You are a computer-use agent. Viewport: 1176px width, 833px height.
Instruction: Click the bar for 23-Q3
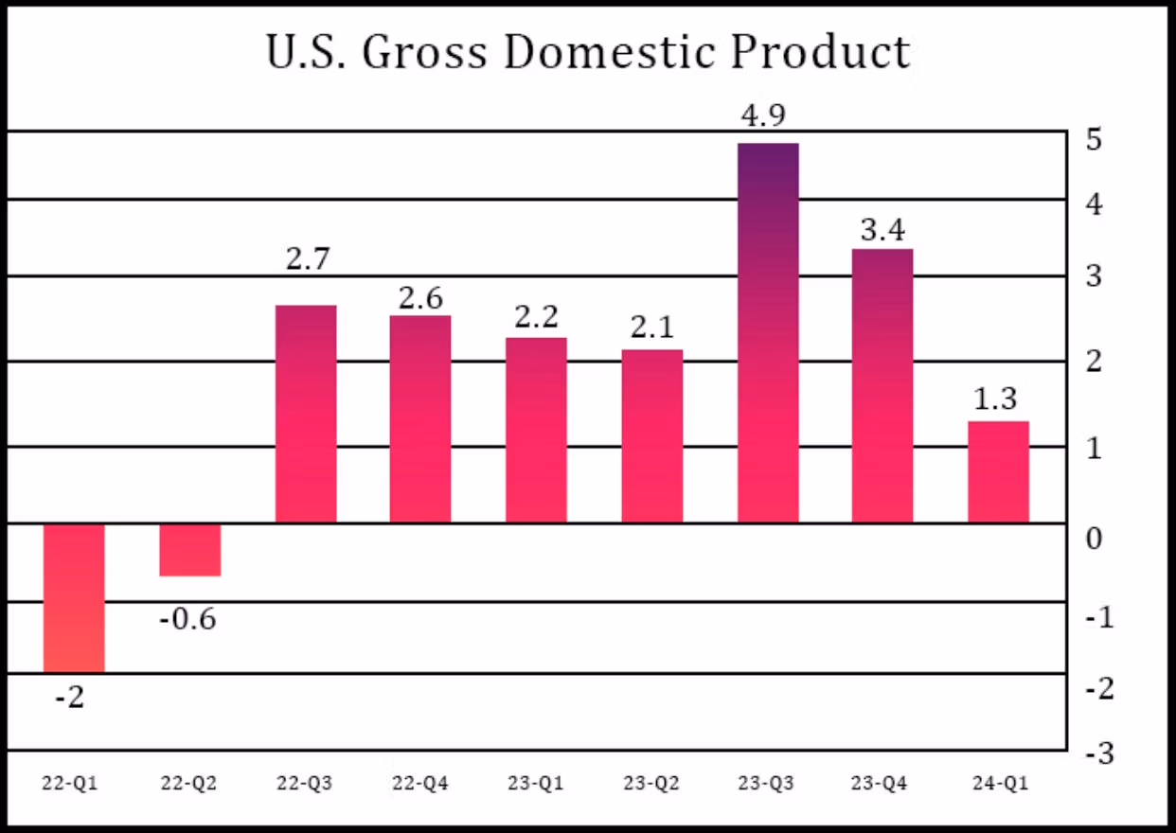click(768, 332)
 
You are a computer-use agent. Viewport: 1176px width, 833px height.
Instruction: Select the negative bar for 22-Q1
click(74, 597)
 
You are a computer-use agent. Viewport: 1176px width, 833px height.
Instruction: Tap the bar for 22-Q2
click(189, 549)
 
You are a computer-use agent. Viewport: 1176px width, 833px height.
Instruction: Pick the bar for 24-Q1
click(998, 471)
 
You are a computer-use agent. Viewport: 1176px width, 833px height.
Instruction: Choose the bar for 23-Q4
click(882, 385)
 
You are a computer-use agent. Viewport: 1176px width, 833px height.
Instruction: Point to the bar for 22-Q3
click(306, 414)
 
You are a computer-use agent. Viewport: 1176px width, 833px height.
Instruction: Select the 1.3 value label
click(996, 399)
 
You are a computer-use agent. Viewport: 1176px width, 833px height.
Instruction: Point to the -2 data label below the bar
click(70, 699)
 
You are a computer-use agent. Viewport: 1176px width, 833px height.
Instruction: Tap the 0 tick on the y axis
click(1095, 539)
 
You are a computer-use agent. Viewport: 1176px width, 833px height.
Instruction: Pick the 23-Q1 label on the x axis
click(536, 784)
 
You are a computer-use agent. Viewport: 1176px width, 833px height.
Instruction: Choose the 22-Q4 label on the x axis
click(420, 784)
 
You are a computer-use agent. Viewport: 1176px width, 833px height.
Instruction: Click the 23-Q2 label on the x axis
click(651, 784)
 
